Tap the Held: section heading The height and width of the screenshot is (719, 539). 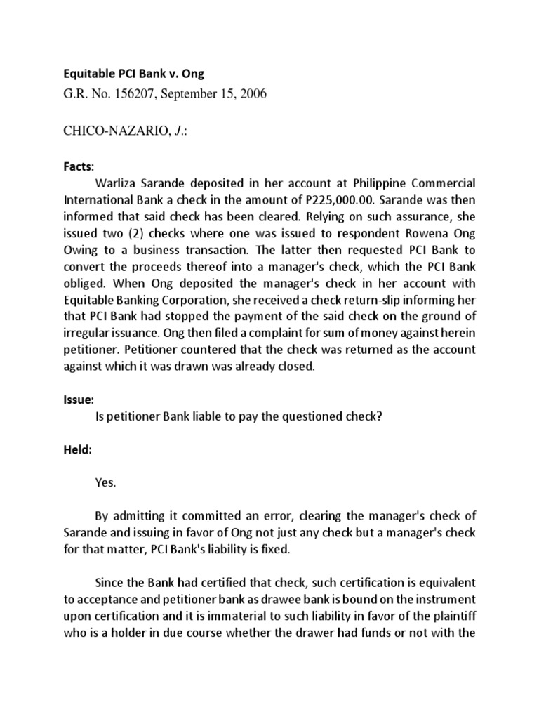(79, 450)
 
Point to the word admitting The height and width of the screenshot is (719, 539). (145, 516)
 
